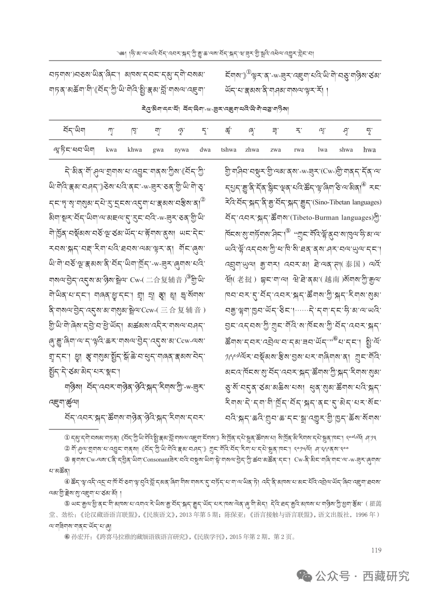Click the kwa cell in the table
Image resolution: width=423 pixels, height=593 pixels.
(111, 150)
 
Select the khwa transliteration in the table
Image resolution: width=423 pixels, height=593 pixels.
(135, 150)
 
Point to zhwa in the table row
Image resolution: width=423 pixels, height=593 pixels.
(252, 150)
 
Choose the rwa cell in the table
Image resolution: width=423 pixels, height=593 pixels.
(299, 150)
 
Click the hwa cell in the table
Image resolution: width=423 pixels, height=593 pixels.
(370, 150)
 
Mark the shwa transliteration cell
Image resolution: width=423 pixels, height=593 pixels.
(346, 150)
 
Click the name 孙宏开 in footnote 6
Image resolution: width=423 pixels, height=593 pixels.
(75, 537)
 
